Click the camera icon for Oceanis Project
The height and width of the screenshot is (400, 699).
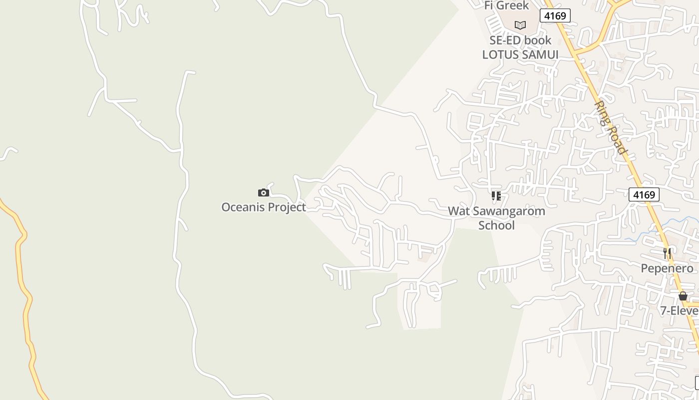click(x=263, y=192)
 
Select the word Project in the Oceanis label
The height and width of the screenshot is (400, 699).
click(x=287, y=207)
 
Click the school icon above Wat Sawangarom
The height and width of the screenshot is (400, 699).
click(x=496, y=196)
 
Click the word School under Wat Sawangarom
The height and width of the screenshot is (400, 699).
click(x=496, y=225)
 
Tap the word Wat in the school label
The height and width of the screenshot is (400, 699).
click(x=457, y=211)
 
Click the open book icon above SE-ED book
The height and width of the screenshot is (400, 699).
click(x=520, y=24)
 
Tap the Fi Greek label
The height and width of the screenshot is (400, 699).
click(x=506, y=5)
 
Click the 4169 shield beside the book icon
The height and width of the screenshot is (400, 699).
click(x=555, y=16)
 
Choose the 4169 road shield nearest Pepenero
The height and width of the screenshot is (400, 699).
click(x=644, y=194)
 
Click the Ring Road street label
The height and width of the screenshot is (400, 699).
click(x=611, y=128)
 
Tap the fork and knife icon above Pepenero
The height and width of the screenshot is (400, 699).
click(x=667, y=253)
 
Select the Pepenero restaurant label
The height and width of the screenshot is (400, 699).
click(x=667, y=268)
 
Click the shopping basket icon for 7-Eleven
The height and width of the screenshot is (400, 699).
click(x=683, y=296)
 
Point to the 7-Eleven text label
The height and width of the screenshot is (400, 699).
click(x=680, y=310)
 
